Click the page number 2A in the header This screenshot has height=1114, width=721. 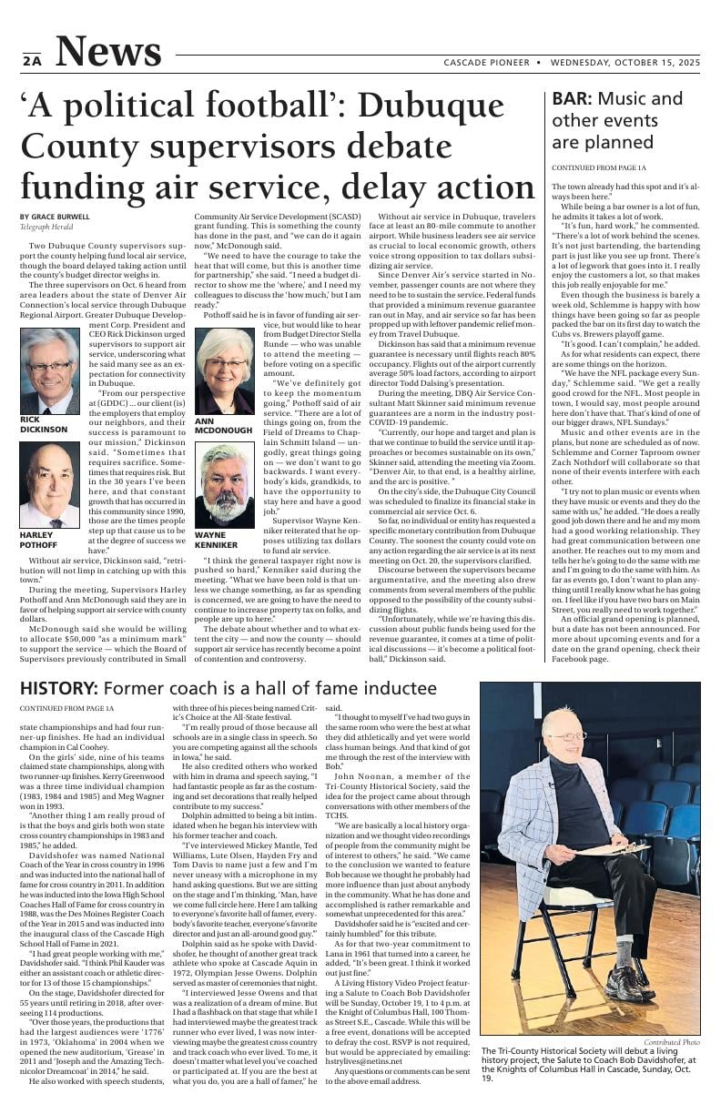[32, 61]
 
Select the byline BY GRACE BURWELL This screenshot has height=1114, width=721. [55, 217]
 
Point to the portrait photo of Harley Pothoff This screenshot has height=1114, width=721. [49, 486]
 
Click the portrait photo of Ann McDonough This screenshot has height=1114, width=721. [224, 371]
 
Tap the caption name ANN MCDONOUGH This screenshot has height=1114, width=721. [224, 425]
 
